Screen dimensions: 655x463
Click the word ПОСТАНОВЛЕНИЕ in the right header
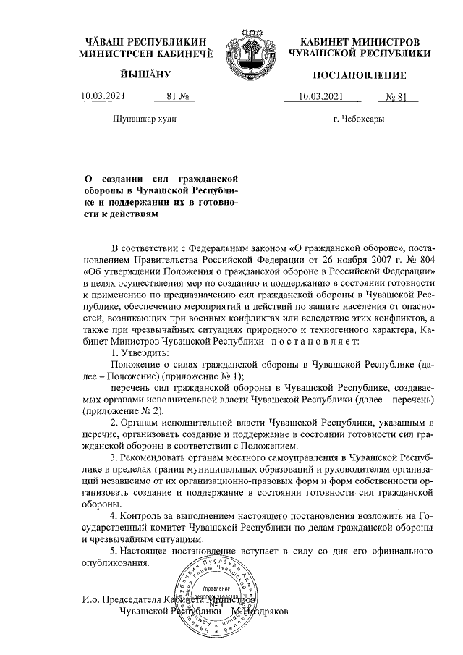359,75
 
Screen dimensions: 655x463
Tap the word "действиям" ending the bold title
130,214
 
